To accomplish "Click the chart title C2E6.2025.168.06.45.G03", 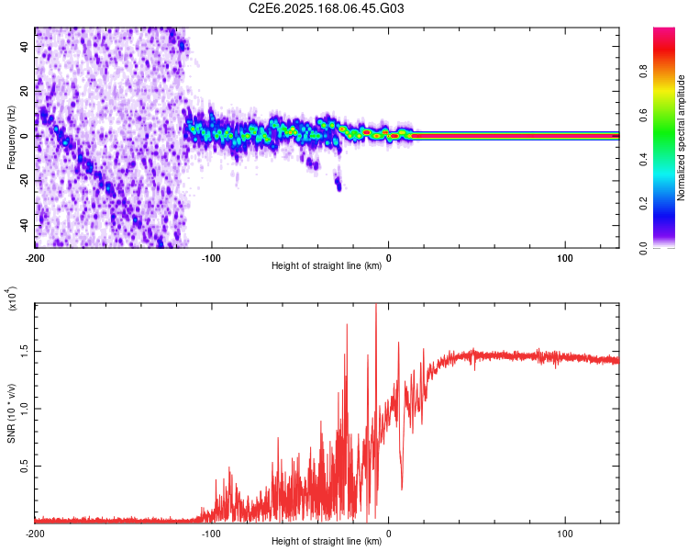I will click(327, 8).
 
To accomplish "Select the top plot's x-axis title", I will click(327, 266).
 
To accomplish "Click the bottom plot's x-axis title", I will click(327, 542).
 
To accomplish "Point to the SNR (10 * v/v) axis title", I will click(11, 412).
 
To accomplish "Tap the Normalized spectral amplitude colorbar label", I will click(682, 138).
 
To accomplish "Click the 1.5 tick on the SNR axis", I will click(25, 350).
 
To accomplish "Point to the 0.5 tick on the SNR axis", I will click(25, 466).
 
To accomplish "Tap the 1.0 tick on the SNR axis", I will click(25, 408).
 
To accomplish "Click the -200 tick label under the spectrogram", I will click(35, 257).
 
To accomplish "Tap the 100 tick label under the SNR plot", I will click(565, 533).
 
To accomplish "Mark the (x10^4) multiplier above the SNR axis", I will click(13, 298).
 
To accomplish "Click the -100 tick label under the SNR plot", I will click(212, 533).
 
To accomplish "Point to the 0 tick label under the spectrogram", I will click(389, 257).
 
